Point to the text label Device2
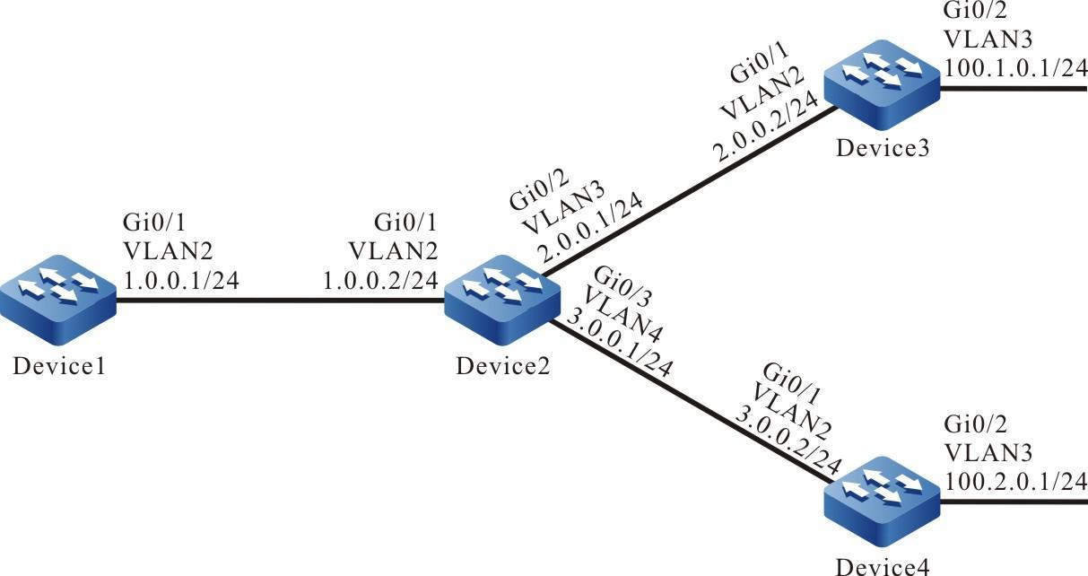tap(499, 367)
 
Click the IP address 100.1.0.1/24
tap(1014, 69)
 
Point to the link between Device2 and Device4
tap(691, 404)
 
